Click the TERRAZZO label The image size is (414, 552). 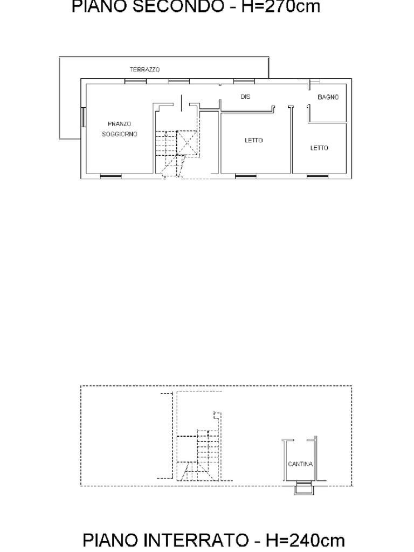click(x=144, y=70)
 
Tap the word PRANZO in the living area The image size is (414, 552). click(x=119, y=124)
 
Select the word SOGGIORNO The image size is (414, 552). click(x=120, y=134)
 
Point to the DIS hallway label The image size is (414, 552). click(x=245, y=96)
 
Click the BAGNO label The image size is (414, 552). click(x=328, y=97)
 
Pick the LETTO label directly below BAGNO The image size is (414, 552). click(x=319, y=148)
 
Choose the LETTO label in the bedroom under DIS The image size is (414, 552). click(x=253, y=140)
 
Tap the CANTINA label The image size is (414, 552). click(x=300, y=464)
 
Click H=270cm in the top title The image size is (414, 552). click(x=280, y=6)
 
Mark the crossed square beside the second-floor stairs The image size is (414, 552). click(x=187, y=142)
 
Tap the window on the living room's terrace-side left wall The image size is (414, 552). click(x=83, y=117)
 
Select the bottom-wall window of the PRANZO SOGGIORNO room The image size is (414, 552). click(x=111, y=176)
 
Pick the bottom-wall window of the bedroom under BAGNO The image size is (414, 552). click(x=317, y=176)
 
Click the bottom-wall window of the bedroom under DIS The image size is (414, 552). click(x=246, y=176)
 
